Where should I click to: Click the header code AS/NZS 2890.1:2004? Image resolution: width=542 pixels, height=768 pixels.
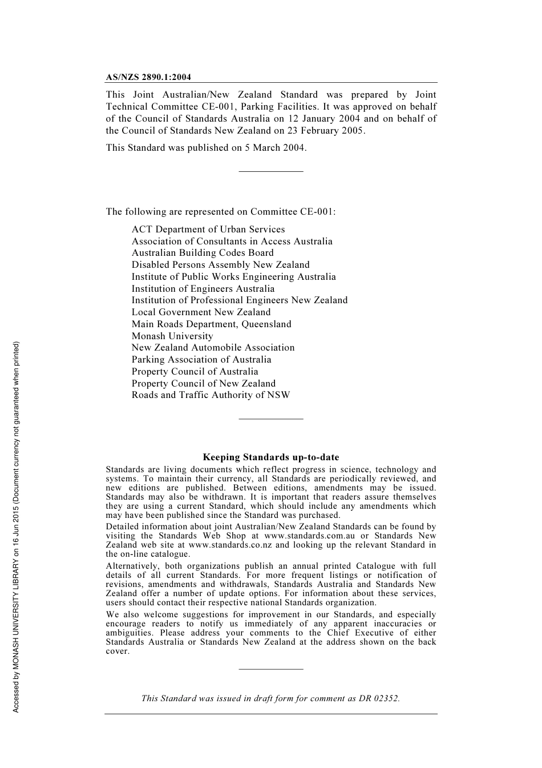148,77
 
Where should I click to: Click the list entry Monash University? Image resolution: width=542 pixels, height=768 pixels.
172,336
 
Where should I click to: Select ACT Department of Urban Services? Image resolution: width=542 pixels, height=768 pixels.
208,230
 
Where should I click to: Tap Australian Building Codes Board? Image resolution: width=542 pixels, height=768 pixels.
203,253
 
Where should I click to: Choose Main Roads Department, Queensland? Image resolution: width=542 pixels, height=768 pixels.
211,324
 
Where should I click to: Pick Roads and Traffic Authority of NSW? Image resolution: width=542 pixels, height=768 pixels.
211,395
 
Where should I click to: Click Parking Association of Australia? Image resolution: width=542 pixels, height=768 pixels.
201,360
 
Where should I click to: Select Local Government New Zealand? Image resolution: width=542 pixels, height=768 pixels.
201,312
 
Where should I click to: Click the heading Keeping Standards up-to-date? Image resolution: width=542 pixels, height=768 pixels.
271,457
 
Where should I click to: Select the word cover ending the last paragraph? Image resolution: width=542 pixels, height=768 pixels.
117,652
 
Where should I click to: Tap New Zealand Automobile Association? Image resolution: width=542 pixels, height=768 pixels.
213,348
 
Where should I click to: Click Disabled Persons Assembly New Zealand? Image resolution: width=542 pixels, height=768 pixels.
220,265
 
